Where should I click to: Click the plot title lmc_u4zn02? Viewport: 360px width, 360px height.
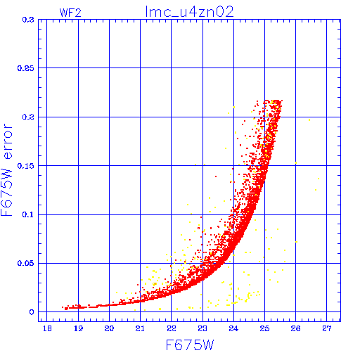(189, 12)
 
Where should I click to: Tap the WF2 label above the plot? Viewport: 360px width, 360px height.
(70, 13)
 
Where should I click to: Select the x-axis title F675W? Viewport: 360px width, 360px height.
(190, 345)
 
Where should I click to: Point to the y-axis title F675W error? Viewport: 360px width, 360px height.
(6, 169)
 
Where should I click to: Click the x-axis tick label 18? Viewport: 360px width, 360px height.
(47, 328)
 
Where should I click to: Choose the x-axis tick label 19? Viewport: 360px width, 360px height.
(79, 328)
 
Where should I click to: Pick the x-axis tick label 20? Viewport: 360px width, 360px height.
(109, 328)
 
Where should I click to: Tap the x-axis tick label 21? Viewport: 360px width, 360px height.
(140, 328)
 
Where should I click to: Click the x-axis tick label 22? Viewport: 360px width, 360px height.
(172, 328)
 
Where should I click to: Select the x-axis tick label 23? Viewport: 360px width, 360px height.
(202, 328)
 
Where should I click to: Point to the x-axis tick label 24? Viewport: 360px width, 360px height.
(233, 328)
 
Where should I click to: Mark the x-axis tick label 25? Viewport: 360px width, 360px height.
(264, 328)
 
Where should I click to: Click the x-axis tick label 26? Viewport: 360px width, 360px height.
(295, 328)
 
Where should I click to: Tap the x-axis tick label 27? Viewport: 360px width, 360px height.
(327, 328)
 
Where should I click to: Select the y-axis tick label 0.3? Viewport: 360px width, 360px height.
(28, 20)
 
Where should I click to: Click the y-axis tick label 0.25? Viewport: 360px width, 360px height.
(26, 68)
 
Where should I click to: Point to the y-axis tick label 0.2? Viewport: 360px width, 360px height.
(28, 117)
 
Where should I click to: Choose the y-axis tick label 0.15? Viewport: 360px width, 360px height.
(26, 166)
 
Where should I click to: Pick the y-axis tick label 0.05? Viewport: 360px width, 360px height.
(26, 263)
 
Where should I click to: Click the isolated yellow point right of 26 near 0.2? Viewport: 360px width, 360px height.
(309, 120)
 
